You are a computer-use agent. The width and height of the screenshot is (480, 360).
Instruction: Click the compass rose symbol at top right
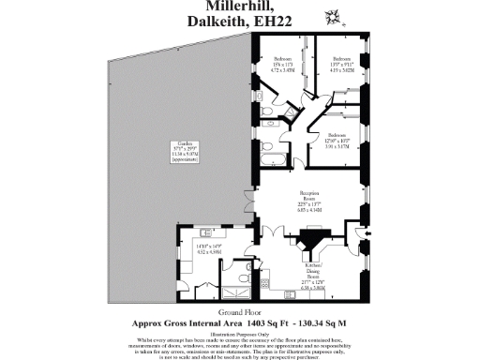331,16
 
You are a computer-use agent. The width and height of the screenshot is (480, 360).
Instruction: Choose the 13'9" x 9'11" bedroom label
340,63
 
